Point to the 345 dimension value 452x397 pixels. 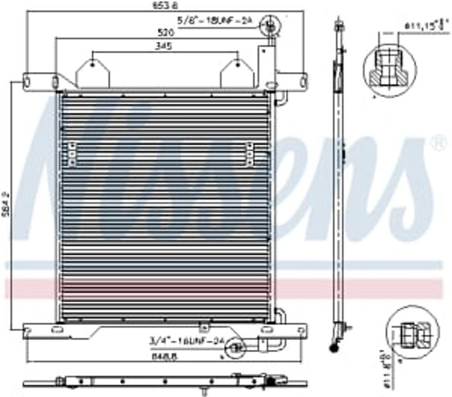coord(164,46)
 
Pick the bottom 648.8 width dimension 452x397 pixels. coord(165,355)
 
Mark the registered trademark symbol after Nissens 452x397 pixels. coord(437,142)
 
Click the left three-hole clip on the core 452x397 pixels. coord(71,154)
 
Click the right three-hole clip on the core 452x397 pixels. coord(249,154)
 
